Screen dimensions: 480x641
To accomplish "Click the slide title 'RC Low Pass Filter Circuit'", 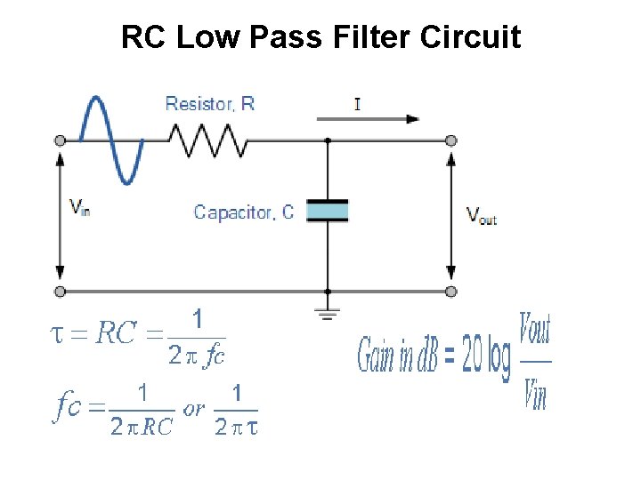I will click(x=320, y=37).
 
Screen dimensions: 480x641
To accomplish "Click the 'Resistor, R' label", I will click(x=210, y=104).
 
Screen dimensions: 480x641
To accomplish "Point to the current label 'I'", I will click(x=357, y=104).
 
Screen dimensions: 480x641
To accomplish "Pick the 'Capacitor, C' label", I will click(x=244, y=212).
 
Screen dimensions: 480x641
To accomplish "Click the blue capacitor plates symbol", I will click(x=328, y=211).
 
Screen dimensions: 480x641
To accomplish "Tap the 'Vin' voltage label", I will click(x=80, y=208).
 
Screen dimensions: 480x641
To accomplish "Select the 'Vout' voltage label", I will click(x=482, y=215).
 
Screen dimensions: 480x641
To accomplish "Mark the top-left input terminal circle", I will click(x=60, y=140).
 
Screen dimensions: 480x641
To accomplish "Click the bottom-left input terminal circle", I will click(x=60, y=291).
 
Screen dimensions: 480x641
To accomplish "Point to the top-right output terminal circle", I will click(x=451, y=140).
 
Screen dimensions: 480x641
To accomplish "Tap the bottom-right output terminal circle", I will click(x=451, y=291).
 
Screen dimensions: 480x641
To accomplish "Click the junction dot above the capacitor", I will click(x=328, y=140).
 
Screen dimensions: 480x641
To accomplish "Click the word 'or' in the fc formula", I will click(x=193, y=409).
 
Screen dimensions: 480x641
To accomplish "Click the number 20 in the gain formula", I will click(x=475, y=358).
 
